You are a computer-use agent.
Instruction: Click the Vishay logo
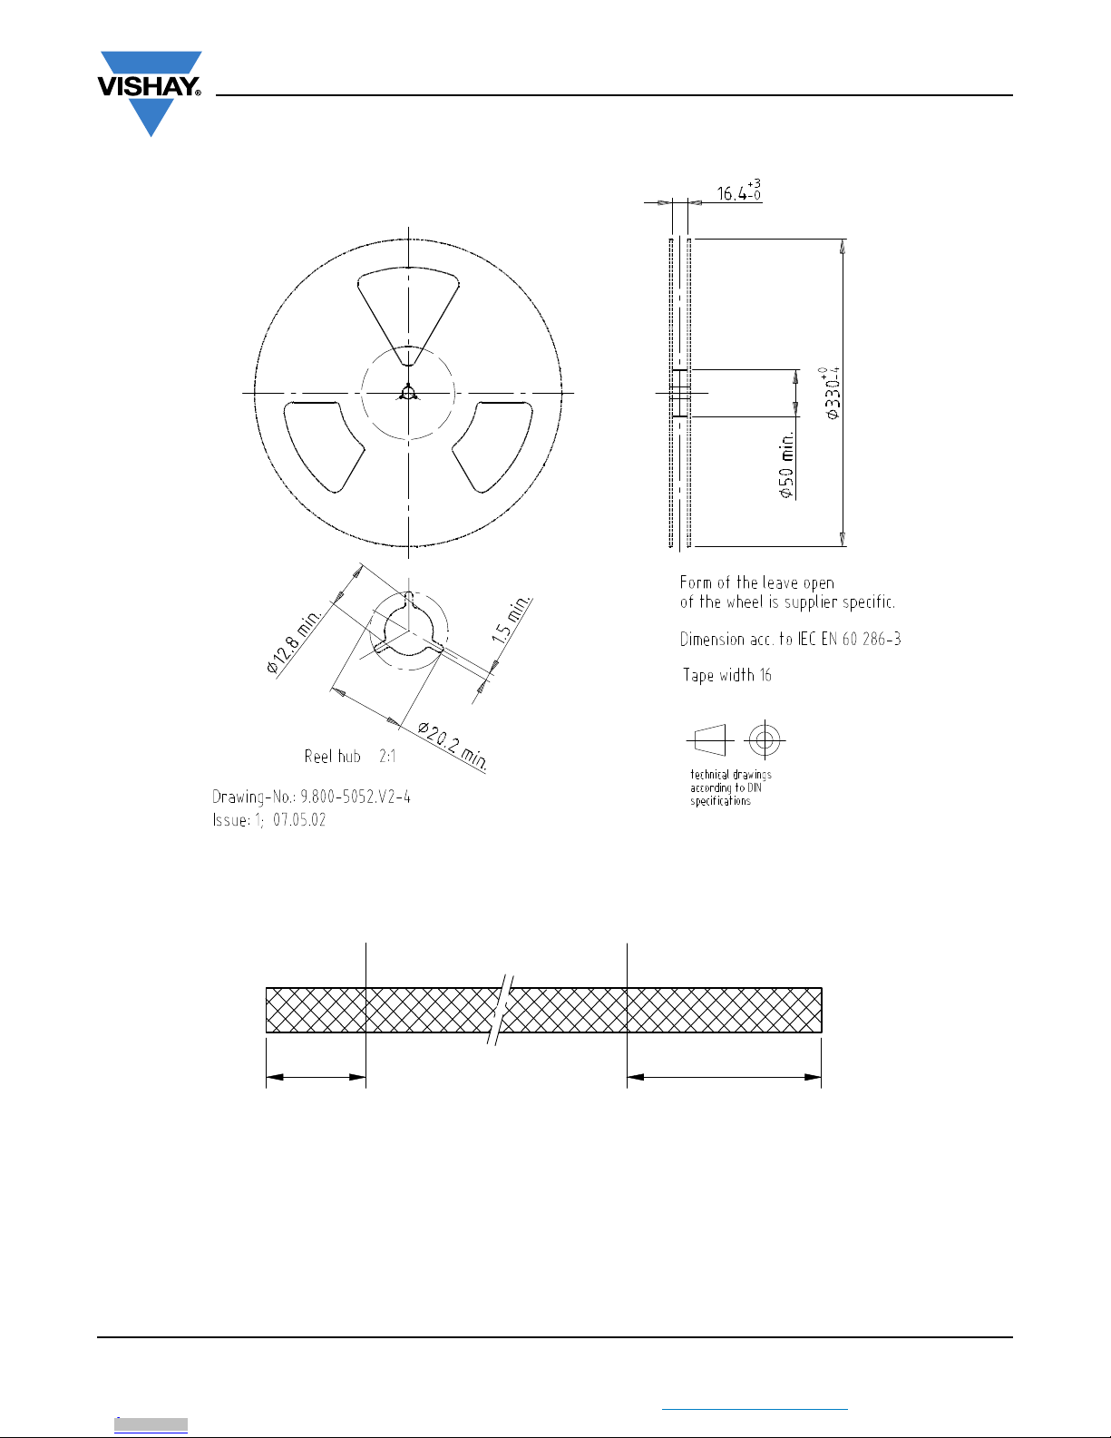coord(150,93)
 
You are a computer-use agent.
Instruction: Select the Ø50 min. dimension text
coord(785,465)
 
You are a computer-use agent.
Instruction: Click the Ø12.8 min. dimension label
coord(294,640)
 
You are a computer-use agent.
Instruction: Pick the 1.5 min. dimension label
coord(511,619)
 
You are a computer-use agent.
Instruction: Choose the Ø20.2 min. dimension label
coord(453,746)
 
